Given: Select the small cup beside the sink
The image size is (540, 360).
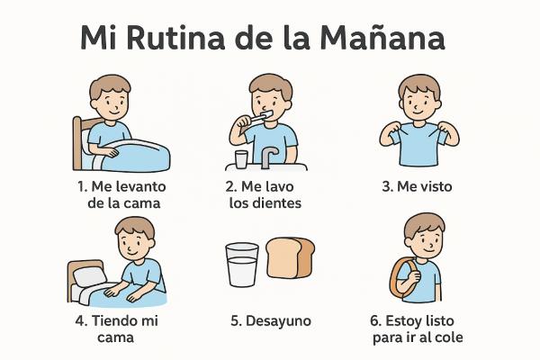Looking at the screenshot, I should click(x=241, y=159).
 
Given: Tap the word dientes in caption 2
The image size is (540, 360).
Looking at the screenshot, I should click(x=277, y=202).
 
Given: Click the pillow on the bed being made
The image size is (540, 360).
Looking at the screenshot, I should click(x=88, y=274).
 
